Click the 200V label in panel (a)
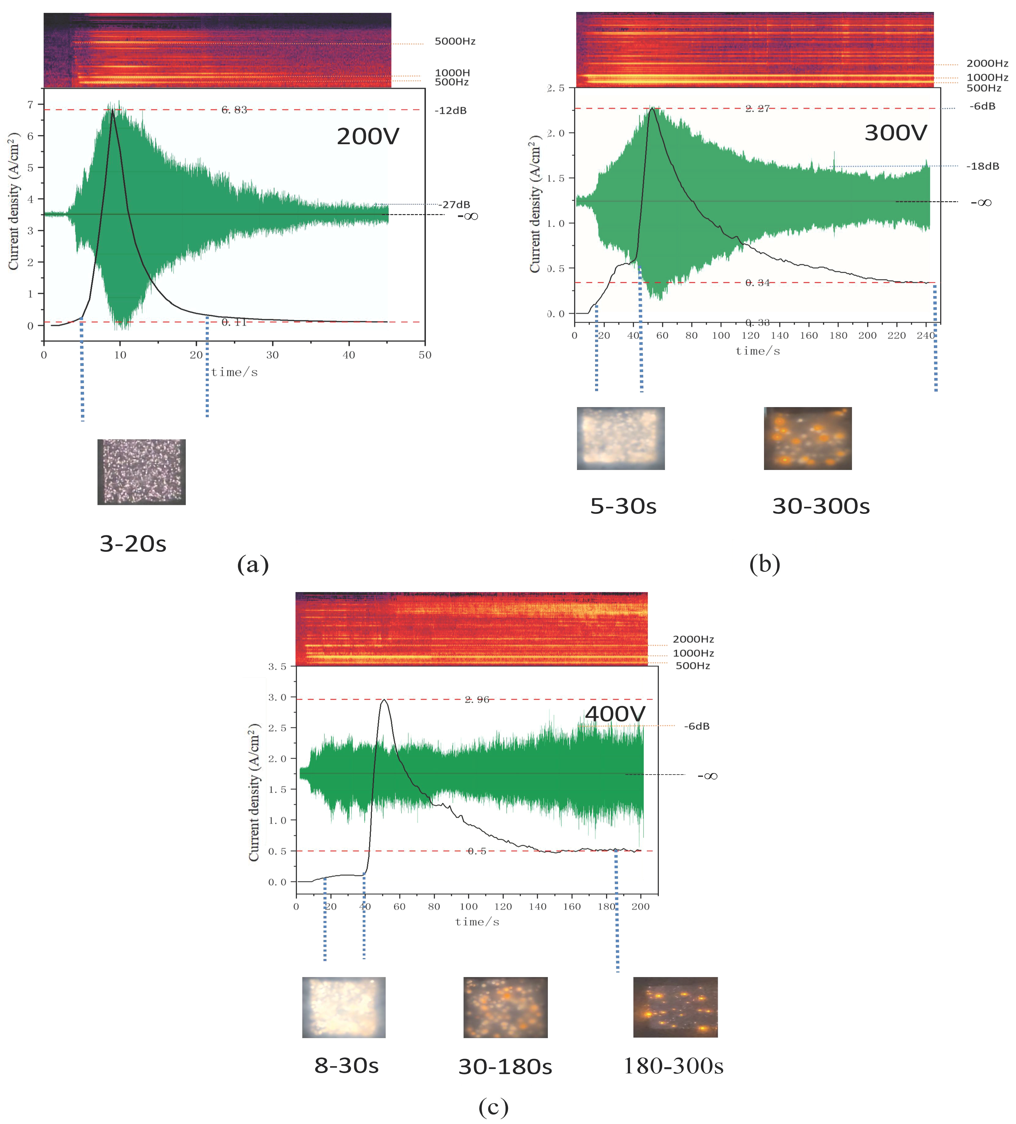tap(368, 137)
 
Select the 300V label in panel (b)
tap(896, 133)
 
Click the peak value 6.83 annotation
tap(234, 110)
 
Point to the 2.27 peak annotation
tap(758, 108)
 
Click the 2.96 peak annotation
tap(477, 700)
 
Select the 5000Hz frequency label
tap(455, 41)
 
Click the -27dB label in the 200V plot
tap(454, 205)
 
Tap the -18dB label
tap(983, 166)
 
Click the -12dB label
tap(450, 110)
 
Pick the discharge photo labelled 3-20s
tap(142, 472)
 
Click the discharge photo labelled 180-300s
tap(675, 1007)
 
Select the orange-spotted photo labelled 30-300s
tap(808, 438)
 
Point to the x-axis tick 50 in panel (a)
tap(425, 355)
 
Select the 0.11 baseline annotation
tap(234, 322)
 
